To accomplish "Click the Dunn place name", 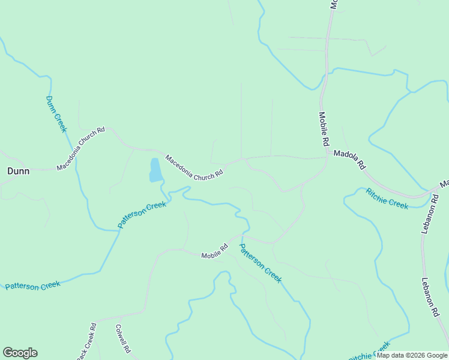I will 18,171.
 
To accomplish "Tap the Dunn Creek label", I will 56,114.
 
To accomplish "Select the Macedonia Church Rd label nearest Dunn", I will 81,149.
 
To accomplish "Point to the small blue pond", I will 155,170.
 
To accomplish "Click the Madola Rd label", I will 349,159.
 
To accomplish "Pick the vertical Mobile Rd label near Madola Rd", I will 324,130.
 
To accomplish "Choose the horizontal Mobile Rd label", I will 214,251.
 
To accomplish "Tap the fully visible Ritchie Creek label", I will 387,198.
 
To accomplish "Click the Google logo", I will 20,353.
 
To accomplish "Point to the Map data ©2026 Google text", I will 412,355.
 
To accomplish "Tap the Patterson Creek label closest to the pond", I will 142,214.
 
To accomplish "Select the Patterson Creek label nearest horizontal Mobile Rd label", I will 261,263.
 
